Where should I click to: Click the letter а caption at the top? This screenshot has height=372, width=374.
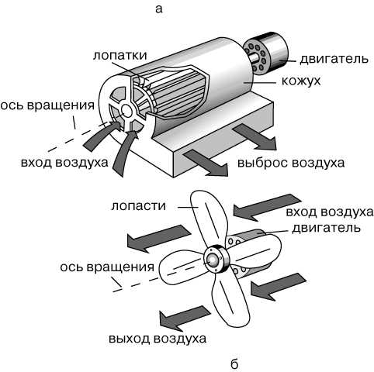click(159, 9)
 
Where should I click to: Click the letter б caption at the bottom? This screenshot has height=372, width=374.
click(234, 363)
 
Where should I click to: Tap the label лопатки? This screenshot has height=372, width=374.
click(119, 55)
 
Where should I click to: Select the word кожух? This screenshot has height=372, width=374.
click(301, 81)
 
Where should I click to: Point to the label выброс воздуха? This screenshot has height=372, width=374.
click(291, 163)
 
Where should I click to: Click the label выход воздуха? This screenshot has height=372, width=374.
click(158, 339)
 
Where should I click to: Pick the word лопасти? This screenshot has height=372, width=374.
click(138, 206)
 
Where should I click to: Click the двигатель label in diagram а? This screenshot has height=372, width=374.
click(334, 59)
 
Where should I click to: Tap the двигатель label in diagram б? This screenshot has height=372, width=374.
click(327, 228)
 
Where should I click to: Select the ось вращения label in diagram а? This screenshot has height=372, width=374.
click(47, 105)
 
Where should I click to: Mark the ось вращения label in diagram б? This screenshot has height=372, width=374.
click(107, 267)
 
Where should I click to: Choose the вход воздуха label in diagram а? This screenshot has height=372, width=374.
click(64, 163)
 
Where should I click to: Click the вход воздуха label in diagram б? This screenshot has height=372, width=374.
click(330, 212)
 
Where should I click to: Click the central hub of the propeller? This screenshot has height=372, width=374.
click(215, 260)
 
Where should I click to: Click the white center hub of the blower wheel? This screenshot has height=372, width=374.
click(126, 111)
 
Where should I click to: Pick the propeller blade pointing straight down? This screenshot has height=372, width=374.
click(231, 301)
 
